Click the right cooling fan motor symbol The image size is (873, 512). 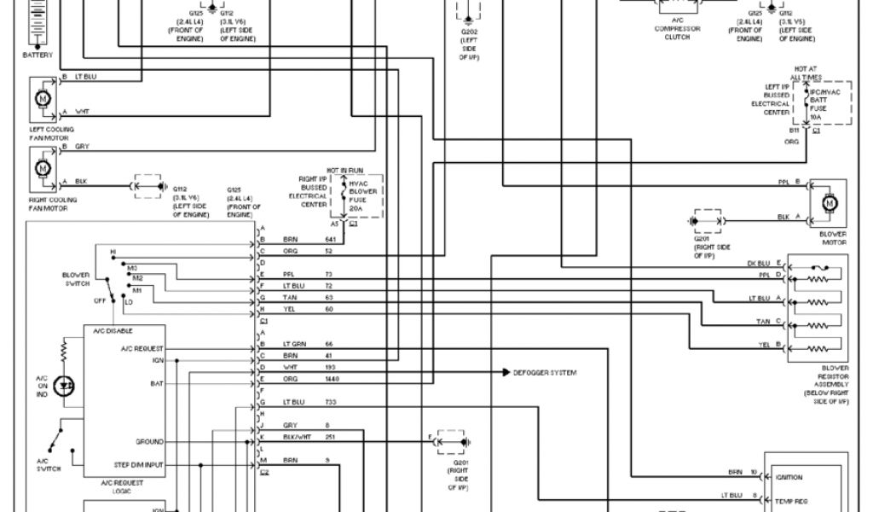click(x=41, y=166)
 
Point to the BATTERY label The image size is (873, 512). click(x=37, y=55)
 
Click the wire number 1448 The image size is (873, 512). click(x=332, y=378)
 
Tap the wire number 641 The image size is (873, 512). click(x=329, y=240)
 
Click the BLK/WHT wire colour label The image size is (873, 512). click(x=293, y=436)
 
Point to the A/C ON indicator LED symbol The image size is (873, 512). click(x=63, y=385)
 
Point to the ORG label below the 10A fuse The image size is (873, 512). click(x=794, y=142)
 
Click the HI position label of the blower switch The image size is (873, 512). click(x=113, y=252)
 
